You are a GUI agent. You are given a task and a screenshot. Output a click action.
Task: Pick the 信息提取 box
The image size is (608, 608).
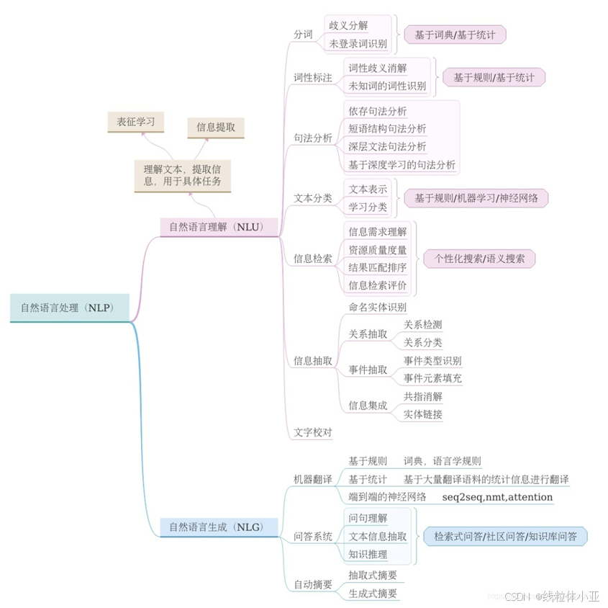click(x=215, y=128)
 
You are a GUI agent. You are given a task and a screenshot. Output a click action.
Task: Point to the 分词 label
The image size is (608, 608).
click(x=303, y=35)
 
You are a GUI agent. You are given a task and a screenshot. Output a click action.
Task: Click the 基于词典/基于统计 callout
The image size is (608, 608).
click(x=454, y=35)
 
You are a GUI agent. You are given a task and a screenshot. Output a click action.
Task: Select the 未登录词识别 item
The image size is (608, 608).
click(x=358, y=44)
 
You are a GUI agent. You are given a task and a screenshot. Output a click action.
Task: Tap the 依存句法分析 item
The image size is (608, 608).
click(x=377, y=111)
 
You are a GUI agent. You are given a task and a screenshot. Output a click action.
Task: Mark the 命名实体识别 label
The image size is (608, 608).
click(x=377, y=307)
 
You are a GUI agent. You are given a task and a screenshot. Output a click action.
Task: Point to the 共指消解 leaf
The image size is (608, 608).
click(x=422, y=395)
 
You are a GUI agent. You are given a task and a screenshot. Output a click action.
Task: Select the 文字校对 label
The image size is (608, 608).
click(x=313, y=432)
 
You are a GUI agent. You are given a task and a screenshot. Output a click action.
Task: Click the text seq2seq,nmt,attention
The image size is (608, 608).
click(x=497, y=497)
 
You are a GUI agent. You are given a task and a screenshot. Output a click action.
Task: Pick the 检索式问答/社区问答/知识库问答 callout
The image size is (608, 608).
click(x=505, y=536)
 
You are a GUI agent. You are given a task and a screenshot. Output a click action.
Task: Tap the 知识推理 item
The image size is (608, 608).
click(x=368, y=554)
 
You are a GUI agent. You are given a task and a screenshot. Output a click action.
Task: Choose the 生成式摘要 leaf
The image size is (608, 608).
click(x=372, y=593)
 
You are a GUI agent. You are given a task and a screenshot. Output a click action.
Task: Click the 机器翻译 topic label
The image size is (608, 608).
click(x=313, y=479)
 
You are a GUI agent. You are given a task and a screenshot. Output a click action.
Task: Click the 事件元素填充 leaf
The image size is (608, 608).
click(x=432, y=378)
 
